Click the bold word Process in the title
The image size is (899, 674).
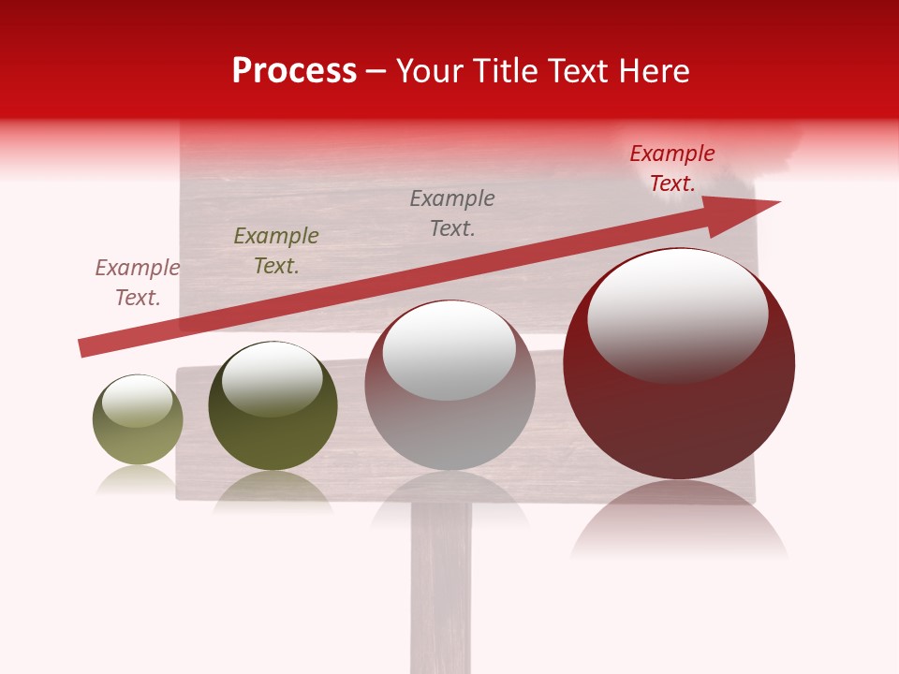[x=294, y=70]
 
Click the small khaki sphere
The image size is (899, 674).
[x=138, y=421]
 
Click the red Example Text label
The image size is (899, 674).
[x=671, y=168]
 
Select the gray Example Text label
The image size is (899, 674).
[x=452, y=212]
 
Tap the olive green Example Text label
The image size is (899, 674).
[x=276, y=251]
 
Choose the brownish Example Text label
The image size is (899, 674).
[x=138, y=283]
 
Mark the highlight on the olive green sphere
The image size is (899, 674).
[x=273, y=378]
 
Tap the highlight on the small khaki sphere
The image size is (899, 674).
[x=138, y=401]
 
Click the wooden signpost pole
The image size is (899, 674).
[x=440, y=590]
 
